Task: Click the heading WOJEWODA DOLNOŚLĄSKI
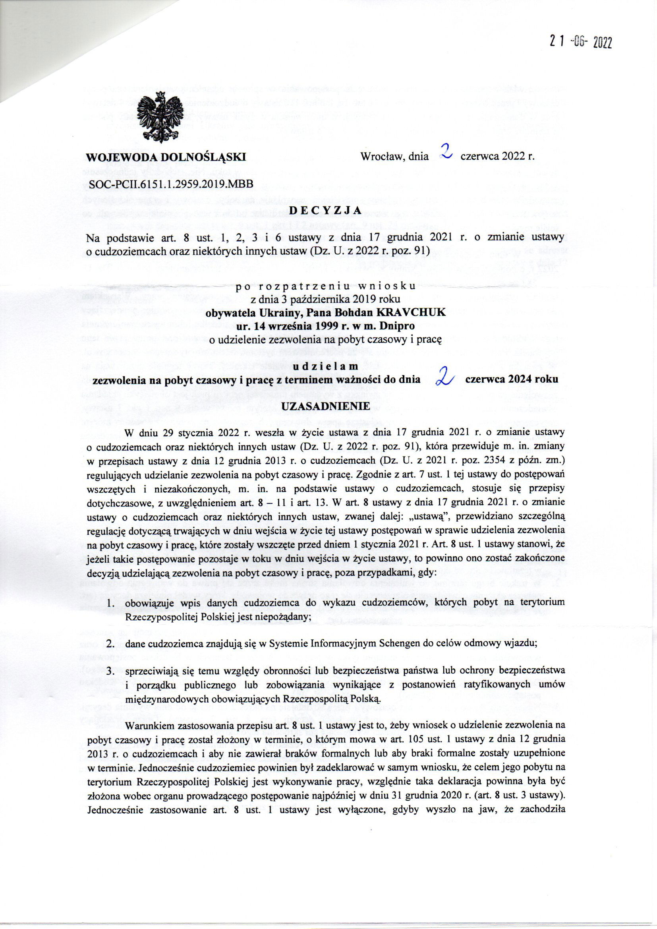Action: [167, 157]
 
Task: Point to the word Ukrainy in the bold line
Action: [276, 313]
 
